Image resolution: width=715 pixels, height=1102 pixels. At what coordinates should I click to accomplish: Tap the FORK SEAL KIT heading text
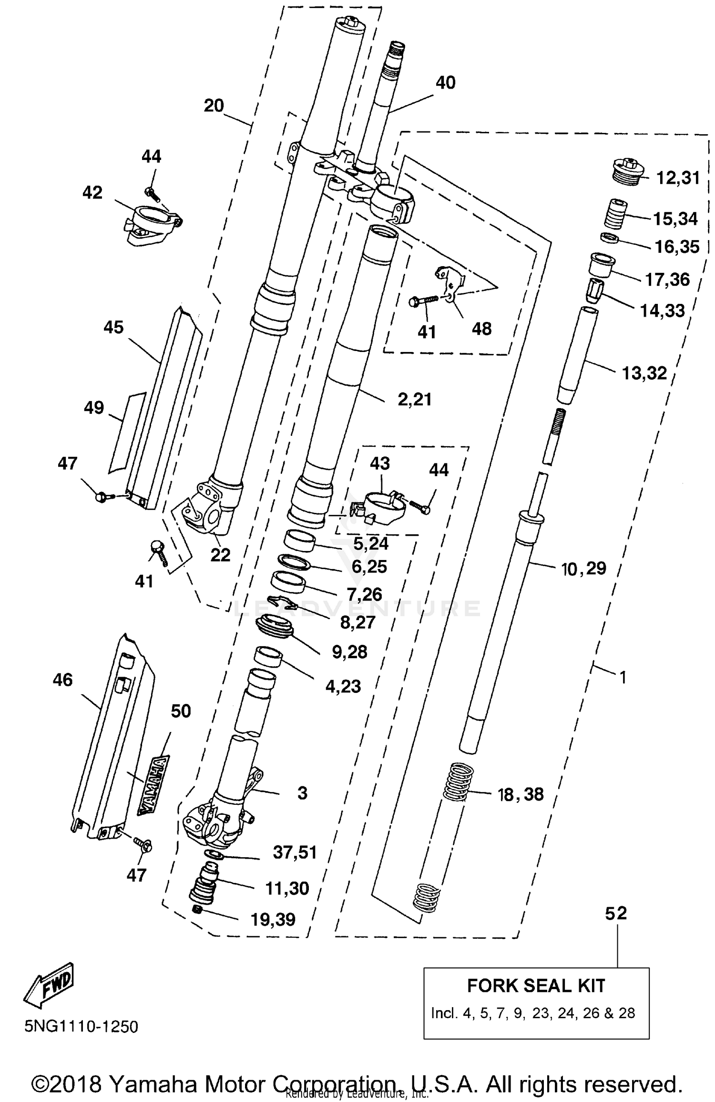(x=536, y=985)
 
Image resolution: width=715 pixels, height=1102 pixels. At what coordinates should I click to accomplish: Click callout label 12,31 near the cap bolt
(x=678, y=178)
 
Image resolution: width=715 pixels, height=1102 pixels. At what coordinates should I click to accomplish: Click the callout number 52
(x=616, y=912)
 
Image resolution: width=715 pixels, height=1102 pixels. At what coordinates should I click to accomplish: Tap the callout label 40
(x=445, y=82)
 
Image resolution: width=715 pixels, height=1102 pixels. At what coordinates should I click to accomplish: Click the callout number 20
(x=214, y=105)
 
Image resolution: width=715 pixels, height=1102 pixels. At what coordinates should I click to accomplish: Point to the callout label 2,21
(x=414, y=399)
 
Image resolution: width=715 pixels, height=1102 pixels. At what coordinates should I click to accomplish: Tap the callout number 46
(x=63, y=679)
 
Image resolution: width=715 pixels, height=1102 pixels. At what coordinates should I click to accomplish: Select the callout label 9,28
(x=349, y=652)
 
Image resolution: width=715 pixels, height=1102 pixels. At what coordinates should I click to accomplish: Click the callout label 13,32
(x=644, y=373)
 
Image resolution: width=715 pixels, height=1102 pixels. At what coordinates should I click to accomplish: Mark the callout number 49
(x=93, y=408)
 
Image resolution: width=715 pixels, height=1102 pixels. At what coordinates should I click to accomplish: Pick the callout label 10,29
(x=584, y=568)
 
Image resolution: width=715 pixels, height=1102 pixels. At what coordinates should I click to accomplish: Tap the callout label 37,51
(x=295, y=852)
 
